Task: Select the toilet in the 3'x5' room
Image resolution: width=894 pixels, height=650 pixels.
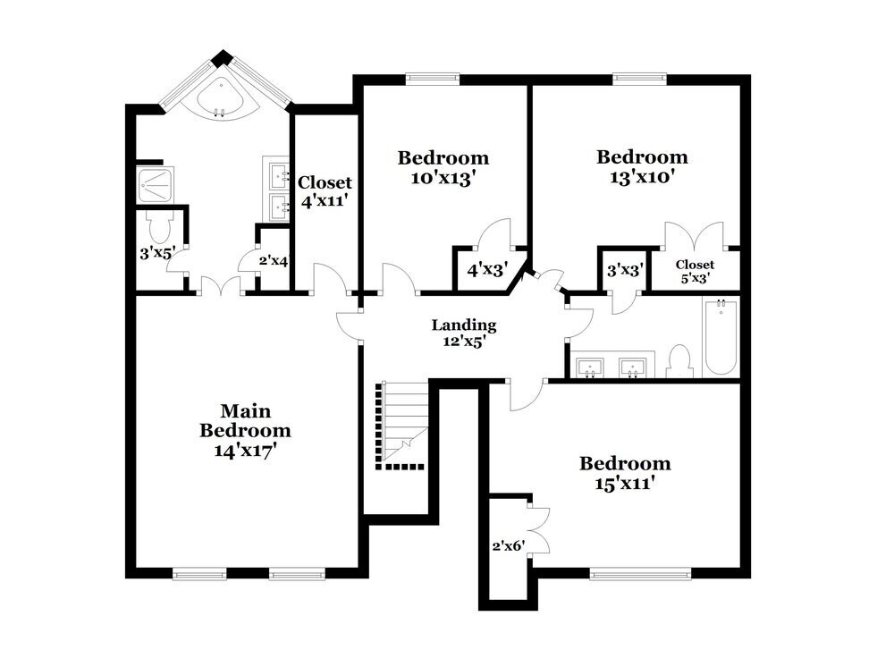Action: (158, 224)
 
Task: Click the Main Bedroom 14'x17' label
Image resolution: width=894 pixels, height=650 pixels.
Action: (245, 430)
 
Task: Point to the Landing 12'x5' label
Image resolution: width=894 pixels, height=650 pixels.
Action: (463, 332)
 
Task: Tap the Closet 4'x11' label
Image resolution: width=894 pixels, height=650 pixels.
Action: (325, 191)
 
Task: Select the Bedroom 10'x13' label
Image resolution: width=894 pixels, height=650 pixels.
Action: (443, 167)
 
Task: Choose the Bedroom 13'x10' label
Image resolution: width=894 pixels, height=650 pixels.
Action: (643, 166)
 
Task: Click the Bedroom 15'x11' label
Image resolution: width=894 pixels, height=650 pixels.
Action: (624, 473)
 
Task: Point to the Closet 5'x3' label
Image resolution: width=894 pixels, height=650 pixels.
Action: (695, 271)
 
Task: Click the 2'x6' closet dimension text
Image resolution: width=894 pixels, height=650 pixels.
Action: (507, 544)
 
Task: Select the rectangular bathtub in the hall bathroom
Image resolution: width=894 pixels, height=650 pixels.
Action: (720, 340)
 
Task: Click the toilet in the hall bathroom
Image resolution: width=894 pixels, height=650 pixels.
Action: (681, 361)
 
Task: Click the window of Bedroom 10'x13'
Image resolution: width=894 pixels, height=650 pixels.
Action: (433, 78)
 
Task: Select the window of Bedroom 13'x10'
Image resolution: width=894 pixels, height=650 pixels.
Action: (640, 78)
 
